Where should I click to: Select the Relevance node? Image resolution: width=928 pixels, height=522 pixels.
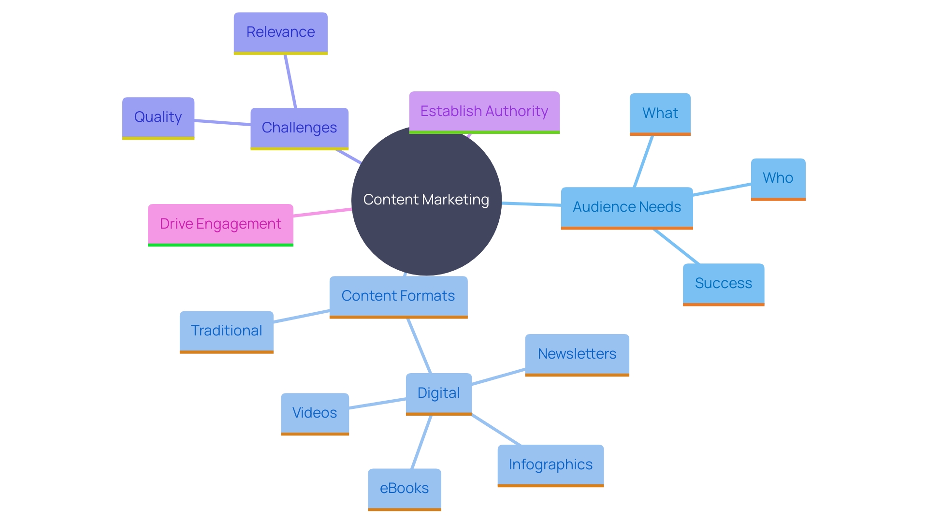pos(280,32)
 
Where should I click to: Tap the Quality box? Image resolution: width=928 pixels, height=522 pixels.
pos(158,117)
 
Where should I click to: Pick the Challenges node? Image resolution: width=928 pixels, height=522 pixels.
pos(299,128)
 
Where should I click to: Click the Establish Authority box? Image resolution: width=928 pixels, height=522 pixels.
pos(484,112)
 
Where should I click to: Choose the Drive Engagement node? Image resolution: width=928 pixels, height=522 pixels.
pos(220,224)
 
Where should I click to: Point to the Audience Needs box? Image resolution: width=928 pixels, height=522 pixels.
pos(627,207)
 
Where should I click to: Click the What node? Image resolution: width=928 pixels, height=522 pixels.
pos(660,114)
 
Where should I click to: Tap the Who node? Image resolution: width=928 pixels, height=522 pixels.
pos(778,178)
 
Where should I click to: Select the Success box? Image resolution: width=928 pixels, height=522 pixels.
pos(723,284)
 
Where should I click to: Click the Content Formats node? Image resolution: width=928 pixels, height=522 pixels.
pos(398,296)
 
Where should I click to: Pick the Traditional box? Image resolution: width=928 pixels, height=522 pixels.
pos(226,331)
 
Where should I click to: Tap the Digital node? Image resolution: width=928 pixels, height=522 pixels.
pos(438,393)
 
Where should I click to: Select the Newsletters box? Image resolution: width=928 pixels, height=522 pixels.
pos(577,354)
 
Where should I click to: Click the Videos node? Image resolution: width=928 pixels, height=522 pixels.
pos(315,413)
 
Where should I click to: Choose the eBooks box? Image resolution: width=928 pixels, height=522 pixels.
pos(404,489)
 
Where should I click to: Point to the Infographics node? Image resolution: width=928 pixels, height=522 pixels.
pos(551,465)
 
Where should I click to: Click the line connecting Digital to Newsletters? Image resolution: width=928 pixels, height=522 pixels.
pos(498,377)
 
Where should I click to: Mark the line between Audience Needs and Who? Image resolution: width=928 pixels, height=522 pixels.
pos(722,189)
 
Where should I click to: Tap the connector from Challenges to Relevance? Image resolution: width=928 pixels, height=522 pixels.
pos(290,81)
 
